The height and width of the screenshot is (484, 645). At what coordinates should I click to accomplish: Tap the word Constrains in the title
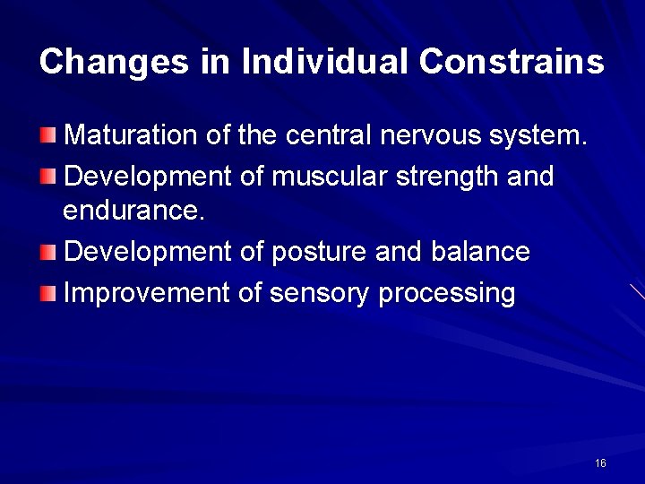coord(512,62)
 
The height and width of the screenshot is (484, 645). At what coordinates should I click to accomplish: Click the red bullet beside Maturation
coord(48,135)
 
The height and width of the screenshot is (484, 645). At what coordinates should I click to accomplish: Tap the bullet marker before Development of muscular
coord(48,176)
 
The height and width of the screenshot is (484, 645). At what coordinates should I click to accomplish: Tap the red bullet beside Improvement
coord(48,292)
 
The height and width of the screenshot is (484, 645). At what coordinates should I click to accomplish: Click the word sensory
coord(320,293)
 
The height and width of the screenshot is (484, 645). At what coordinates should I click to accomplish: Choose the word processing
coord(447,293)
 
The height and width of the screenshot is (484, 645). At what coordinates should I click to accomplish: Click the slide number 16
coord(600,463)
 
